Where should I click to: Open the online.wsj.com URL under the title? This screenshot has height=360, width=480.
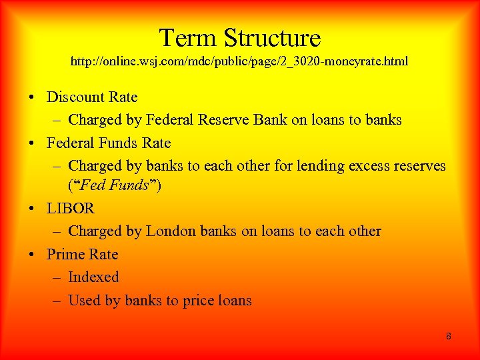tap(239, 62)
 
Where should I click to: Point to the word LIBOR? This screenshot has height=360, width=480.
tap(71, 209)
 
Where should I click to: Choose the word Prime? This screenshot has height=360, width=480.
tap(65, 255)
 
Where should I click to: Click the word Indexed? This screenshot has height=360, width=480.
tap(93, 277)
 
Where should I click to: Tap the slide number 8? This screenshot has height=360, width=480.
tap(449, 337)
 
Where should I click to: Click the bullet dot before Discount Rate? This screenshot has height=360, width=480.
tap(32, 98)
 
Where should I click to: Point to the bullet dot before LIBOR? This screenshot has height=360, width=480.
tap(32, 209)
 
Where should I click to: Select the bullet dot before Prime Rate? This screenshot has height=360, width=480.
tap(32, 255)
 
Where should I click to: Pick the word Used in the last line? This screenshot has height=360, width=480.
tap(84, 301)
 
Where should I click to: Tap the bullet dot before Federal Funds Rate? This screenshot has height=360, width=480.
tap(32, 144)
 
